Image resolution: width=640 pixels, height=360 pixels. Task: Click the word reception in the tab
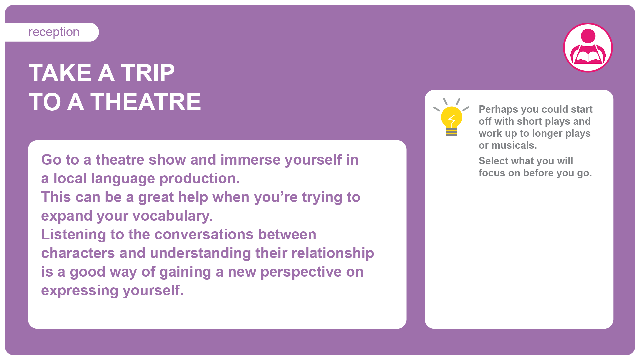pyautogui.click(x=54, y=32)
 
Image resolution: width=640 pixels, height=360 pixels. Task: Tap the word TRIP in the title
pyautogui.click(x=148, y=73)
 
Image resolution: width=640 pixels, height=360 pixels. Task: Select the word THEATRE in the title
pyautogui.click(x=146, y=102)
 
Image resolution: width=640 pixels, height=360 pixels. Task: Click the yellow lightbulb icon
pyautogui.click(x=451, y=117)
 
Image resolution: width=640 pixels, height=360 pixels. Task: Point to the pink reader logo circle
pyautogui.click(x=588, y=47)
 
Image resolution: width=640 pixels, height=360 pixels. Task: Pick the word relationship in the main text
pyautogui.click(x=333, y=254)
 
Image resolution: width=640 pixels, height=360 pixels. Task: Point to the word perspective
pyautogui.click(x=301, y=272)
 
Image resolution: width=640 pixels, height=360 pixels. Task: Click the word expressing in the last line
pyautogui.click(x=80, y=291)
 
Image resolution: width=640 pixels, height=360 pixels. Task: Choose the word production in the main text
pyautogui.click(x=200, y=179)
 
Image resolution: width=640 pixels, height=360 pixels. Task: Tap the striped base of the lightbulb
pyautogui.click(x=452, y=132)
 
